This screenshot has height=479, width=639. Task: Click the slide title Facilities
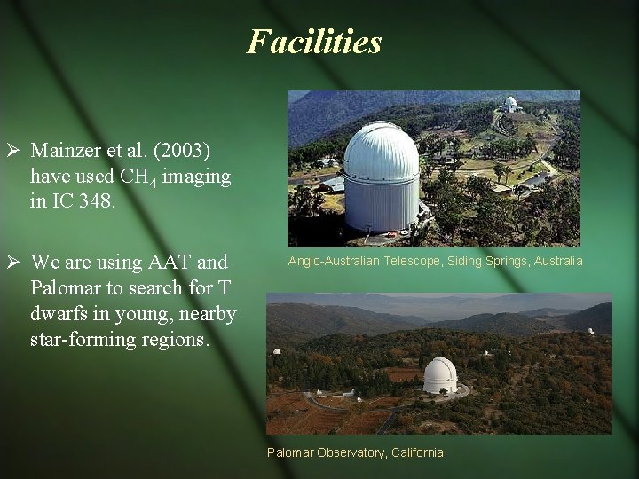click(314, 42)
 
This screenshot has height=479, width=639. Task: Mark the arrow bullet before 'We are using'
click(12, 263)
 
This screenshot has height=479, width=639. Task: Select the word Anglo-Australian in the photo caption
click(332, 261)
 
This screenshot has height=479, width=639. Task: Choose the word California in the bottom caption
click(416, 452)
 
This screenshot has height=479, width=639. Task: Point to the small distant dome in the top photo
click(510, 103)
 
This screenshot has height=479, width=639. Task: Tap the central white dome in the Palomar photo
click(439, 374)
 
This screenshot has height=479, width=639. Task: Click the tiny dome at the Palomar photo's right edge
click(590, 332)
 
